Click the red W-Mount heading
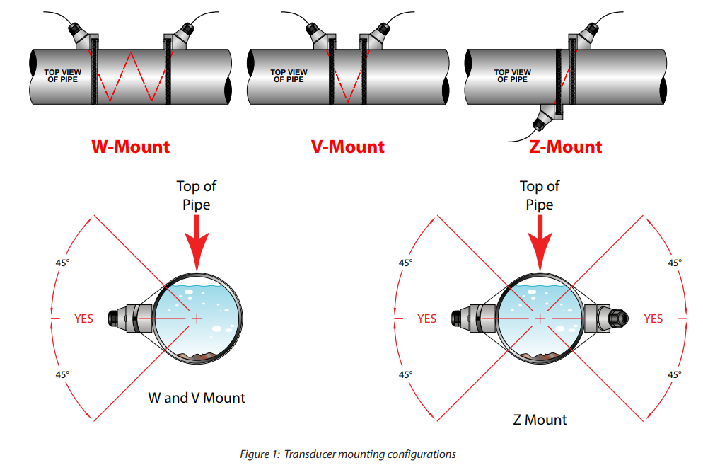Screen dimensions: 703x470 coord(130,147)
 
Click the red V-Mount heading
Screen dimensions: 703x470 coord(348,147)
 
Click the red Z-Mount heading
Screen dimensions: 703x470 coord(566,147)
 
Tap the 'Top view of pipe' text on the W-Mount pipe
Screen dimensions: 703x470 coord(62,76)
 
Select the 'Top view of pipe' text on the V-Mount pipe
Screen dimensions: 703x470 coord(289,76)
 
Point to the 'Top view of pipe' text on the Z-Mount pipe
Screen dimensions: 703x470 coord(513,76)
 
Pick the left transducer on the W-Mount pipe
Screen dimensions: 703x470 coord(83,35)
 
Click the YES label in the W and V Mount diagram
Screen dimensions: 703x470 coord(84,319)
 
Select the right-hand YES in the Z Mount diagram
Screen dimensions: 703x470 coord(653,319)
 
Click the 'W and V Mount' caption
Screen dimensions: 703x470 coord(197,398)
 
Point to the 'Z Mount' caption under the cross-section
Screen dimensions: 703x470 coord(540,420)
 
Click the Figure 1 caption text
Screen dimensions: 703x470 coord(348,454)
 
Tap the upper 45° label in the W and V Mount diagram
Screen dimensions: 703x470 coord(62,263)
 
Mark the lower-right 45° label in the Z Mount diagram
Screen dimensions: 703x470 coord(675,374)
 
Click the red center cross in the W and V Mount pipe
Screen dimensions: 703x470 coord(197,319)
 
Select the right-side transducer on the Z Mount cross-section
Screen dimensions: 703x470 coord(605,319)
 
